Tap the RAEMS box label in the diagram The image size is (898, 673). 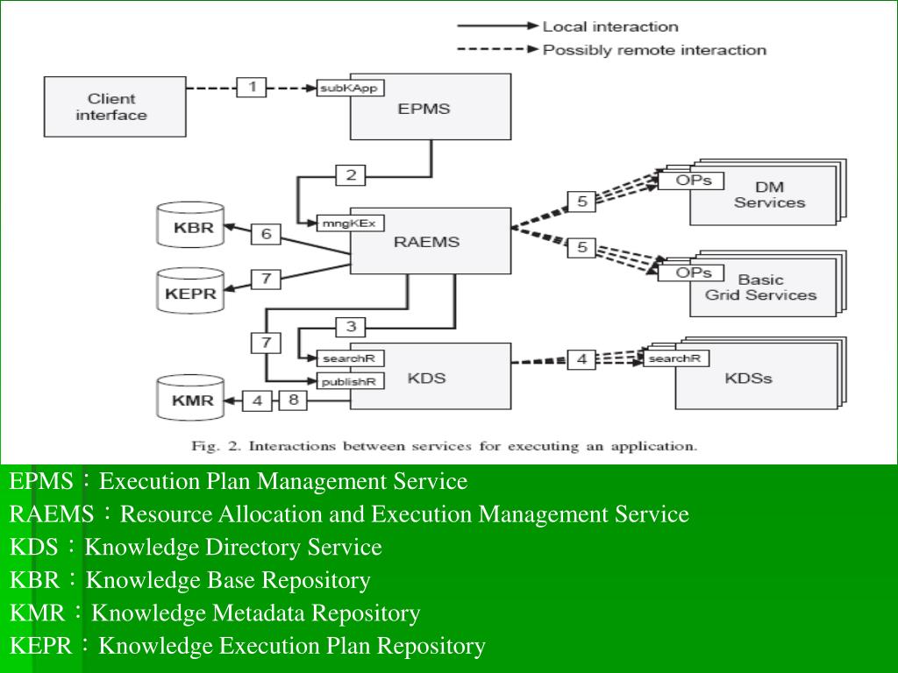(426, 241)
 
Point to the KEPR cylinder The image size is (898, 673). (190, 292)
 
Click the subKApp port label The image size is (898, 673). (351, 88)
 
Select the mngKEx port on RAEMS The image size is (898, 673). (349, 223)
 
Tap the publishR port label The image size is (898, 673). (349, 381)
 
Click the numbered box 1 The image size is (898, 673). (252, 87)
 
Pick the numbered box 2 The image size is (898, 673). (351, 175)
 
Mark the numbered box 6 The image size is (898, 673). (266, 234)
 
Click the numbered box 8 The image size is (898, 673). (293, 400)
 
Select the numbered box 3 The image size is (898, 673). (351, 327)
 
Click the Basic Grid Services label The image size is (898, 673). (760, 287)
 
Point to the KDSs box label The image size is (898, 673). (748, 379)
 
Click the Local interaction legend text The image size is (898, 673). (610, 26)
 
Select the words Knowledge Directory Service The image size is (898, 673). (233, 548)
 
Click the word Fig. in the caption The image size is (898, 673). (204, 446)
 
